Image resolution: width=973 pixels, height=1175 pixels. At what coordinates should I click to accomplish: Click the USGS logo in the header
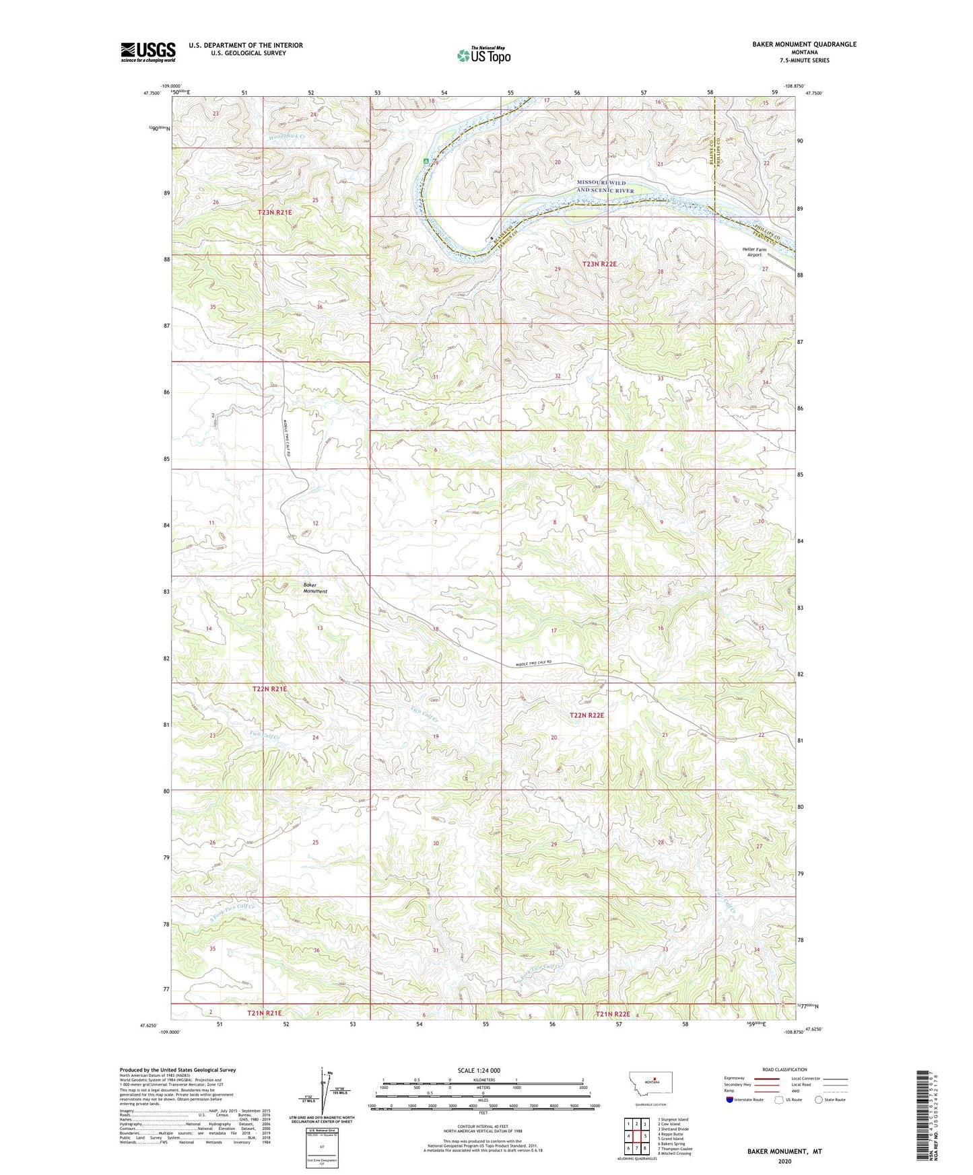click(x=147, y=52)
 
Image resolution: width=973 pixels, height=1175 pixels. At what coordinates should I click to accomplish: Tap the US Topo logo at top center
click(x=483, y=55)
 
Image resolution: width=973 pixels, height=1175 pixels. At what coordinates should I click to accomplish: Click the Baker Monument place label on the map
click(x=314, y=588)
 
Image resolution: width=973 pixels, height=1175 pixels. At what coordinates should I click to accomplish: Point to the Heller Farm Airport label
click(x=754, y=252)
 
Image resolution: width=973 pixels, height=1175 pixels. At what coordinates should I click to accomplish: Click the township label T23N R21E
click(x=275, y=213)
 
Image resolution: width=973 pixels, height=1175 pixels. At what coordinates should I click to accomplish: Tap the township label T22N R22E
click(x=586, y=715)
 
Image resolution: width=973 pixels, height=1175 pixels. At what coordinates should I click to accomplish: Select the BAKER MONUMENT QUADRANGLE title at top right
click(x=804, y=44)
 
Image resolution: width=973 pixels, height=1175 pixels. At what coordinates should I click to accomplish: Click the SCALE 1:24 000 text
click(x=479, y=1071)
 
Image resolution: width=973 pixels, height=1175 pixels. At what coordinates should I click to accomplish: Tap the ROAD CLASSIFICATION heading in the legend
click(x=784, y=1069)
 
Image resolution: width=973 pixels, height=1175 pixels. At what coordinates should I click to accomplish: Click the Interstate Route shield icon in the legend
click(x=730, y=1100)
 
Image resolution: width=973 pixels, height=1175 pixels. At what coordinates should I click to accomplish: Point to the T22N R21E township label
click(x=269, y=689)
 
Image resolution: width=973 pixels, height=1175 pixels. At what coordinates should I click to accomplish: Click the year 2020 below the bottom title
click(x=784, y=1162)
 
